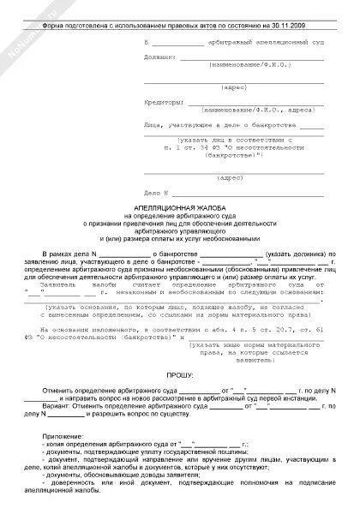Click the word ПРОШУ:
tap(180, 374)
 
